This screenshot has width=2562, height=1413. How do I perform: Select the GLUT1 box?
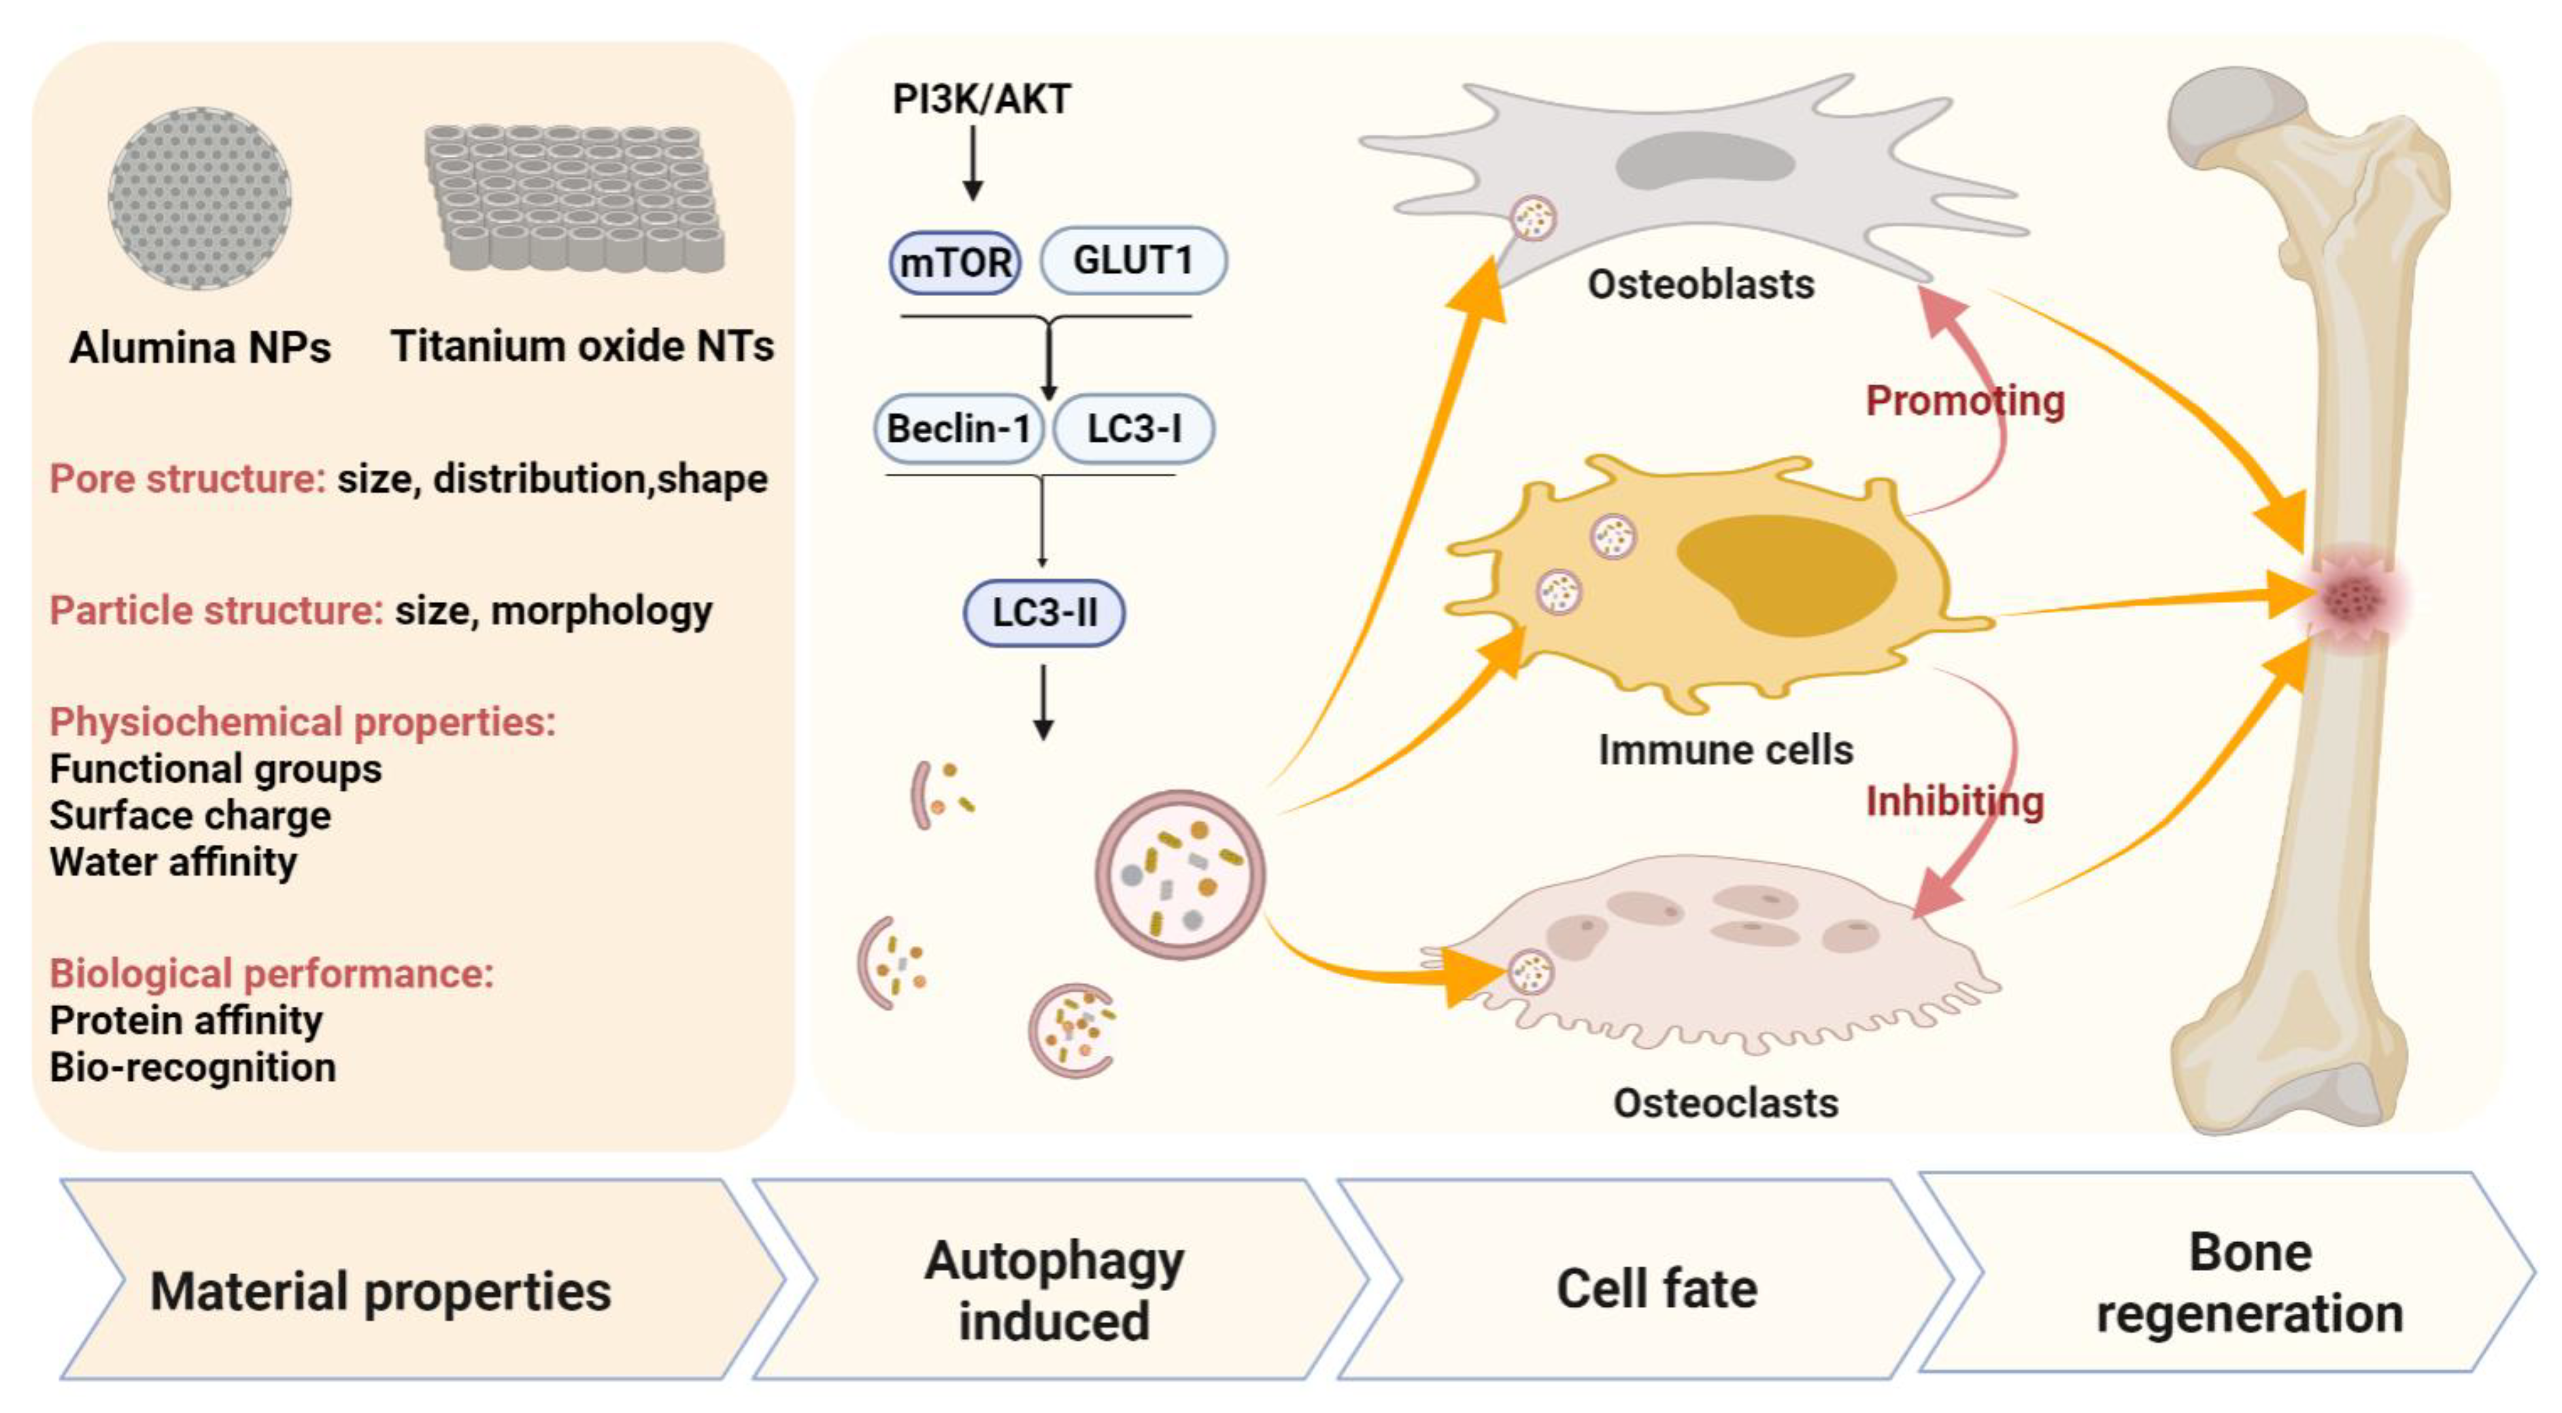click(x=1133, y=261)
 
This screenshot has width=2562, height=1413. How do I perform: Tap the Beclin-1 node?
click(x=958, y=429)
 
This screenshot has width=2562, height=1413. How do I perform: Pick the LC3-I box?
click(x=1134, y=429)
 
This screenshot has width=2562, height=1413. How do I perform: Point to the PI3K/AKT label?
click(x=981, y=99)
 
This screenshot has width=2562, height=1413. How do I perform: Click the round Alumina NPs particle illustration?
click(x=199, y=199)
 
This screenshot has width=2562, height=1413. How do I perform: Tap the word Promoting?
click(x=1964, y=401)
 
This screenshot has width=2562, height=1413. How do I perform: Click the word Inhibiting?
click(x=1955, y=802)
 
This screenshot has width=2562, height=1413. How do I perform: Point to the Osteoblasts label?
click(x=1701, y=285)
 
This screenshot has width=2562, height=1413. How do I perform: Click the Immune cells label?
click(x=1725, y=750)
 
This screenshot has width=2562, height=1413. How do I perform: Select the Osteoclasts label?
click(x=1725, y=1103)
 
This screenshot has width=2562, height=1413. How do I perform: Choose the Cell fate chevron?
click(x=1656, y=1288)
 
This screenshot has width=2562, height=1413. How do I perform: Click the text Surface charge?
click(x=190, y=816)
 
